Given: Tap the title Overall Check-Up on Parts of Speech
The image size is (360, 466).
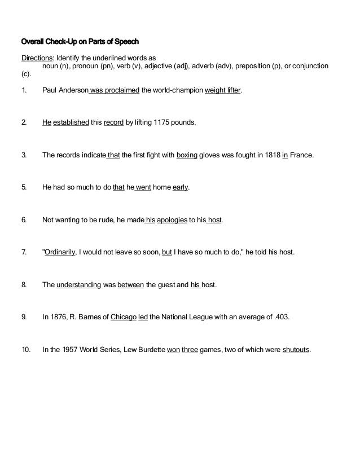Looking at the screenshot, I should pos(80,42).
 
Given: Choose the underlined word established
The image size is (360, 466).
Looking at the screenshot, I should pos(71,121).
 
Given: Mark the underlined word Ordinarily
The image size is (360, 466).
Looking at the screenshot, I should pos(60,252).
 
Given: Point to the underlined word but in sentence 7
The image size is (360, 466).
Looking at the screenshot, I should pos(166,252).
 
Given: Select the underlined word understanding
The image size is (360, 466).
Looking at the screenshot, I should pos(79,285).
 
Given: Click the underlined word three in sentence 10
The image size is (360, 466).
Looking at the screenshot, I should pos(190,349).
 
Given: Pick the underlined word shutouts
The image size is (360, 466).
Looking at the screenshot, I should pos(296,349).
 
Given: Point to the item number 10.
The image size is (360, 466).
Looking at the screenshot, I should pos(26,349).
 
